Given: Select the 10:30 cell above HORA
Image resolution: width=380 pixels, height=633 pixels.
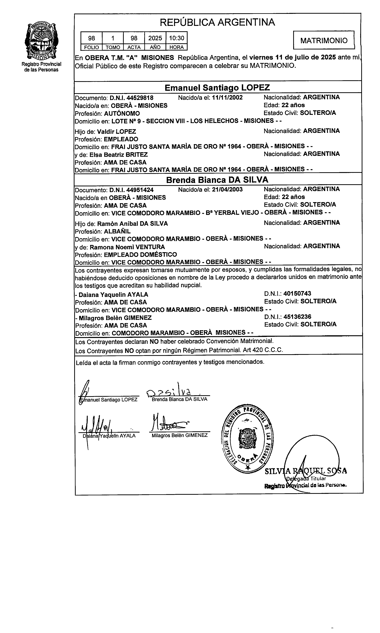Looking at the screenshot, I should tap(176, 38).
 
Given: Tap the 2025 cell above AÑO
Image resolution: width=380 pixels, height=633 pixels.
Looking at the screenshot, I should tap(155, 38).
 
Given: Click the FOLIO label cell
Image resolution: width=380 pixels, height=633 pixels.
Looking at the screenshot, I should tap(91, 47).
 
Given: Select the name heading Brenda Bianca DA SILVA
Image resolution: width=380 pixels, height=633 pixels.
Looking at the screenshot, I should tap(217, 180).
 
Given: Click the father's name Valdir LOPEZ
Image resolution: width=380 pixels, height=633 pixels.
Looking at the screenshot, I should tap(116, 132).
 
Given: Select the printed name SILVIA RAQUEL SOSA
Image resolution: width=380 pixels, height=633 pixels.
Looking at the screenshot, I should tap(306, 471).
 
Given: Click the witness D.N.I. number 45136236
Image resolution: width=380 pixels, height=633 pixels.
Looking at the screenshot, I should tap(297, 317).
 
